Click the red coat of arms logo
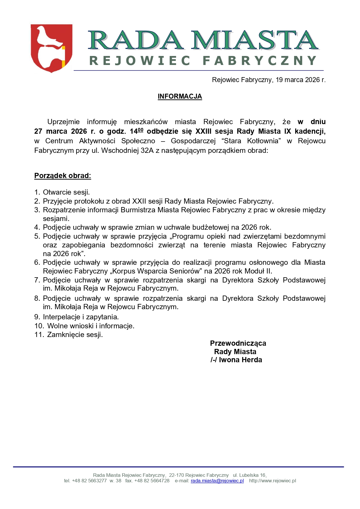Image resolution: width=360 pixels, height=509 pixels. [51, 48]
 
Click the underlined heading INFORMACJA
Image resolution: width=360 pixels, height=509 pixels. [180, 96]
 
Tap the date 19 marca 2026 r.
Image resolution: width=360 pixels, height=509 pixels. [300, 80]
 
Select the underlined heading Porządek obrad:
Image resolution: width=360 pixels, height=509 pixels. [63, 176]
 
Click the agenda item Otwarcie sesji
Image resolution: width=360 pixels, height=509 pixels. [66, 192]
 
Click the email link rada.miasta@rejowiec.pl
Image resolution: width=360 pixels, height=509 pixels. [217, 481]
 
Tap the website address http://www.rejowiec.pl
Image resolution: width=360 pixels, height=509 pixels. [272, 481]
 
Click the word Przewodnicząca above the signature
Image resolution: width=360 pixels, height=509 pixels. [238, 343]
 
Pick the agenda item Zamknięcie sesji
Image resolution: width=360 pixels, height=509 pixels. [75, 335]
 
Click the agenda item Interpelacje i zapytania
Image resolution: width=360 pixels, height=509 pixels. [81, 317]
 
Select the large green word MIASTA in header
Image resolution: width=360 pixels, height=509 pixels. [254, 40]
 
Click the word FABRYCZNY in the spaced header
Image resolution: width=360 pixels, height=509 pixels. [259, 61]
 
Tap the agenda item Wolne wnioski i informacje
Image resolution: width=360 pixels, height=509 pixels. [91, 326]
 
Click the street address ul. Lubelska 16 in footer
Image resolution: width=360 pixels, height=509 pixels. [249, 475]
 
